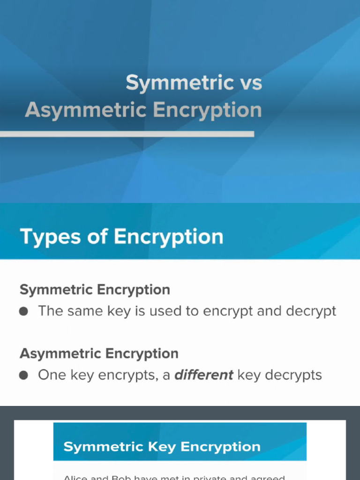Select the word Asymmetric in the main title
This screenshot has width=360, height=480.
coord(86,110)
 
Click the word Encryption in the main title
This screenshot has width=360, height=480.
coord(207,110)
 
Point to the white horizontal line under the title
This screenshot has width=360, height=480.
coord(127,134)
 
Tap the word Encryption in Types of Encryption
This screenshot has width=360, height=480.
coord(168,237)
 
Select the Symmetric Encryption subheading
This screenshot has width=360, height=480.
coord(95,290)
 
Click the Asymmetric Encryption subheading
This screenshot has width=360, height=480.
coord(99,353)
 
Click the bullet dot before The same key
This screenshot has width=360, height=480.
coord(24,311)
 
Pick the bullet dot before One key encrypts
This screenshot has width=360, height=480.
coord(24,375)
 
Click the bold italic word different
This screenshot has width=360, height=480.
coord(204,375)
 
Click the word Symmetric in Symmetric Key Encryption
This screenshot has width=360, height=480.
coord(104,447)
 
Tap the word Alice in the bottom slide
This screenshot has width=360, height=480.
coord(75,478)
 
